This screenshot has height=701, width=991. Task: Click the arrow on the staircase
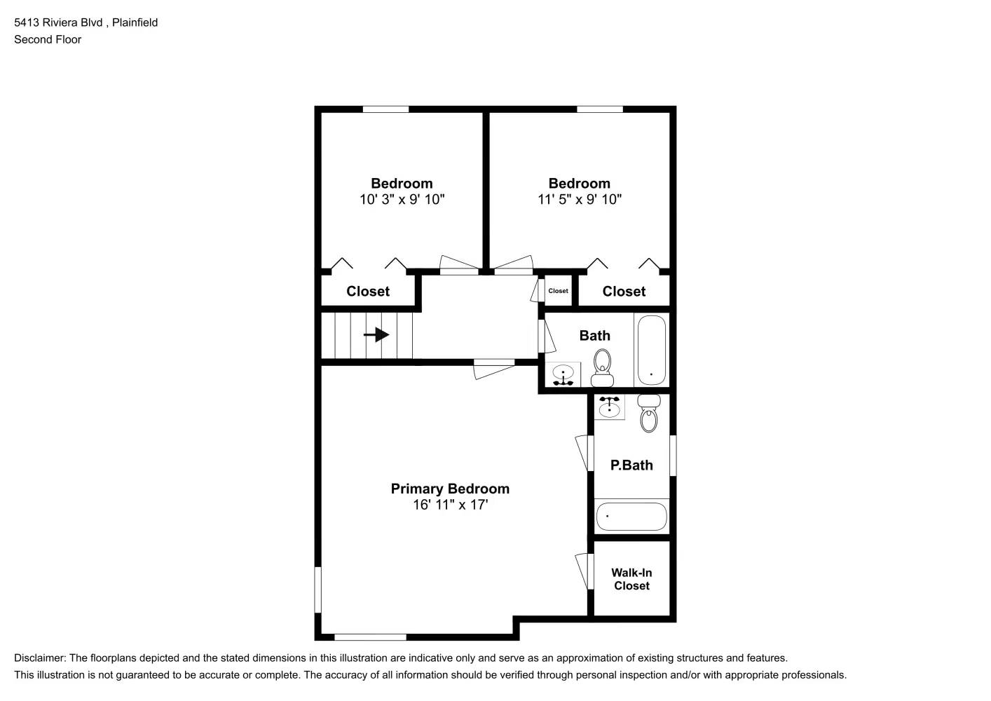pyautogui.click(x=376, y=335)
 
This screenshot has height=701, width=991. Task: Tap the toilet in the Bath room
pyautogui.click(x=602, y=369)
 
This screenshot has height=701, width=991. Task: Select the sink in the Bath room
pyautogui.click(x=563, y=376)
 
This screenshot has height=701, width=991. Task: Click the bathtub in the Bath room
pyautogui.click(x=651, y=350)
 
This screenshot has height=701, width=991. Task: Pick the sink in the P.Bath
pyautogui.click(x=609, y=407)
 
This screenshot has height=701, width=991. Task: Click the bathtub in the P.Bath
pyautogui.click(x=631, y=517)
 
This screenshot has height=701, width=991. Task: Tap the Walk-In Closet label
pyautogui.click(x=631, y=579)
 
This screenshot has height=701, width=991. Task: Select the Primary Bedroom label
pyautogui.click(x=450, y=489)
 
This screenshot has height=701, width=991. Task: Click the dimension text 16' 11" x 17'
pyautogui.click(x=450, y=505)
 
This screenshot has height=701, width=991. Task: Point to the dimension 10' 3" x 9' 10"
pyautogui.click(x=402, y=200)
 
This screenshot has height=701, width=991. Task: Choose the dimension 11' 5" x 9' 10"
pyautogui.click(x=580, y=200)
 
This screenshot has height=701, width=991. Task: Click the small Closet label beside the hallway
pyautogui.click(x=558, y=291)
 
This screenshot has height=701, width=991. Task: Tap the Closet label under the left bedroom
pyautogui.click(x=367, y=291)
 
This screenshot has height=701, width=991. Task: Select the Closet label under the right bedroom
pyautogui.click(x=624, y=291)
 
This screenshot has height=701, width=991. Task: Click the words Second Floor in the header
pyautogui.click(x=48, y=39)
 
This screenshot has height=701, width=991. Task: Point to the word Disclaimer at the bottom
pyautogui.click(x=39, y=658)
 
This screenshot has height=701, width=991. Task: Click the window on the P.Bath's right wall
pyautogui.click(x=673, y=456)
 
